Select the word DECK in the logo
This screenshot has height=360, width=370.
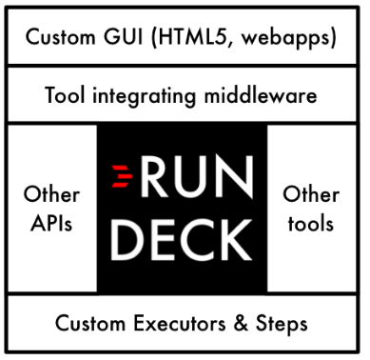pyautogui.click(x=181, y=238)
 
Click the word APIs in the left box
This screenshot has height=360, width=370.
pyautogui.click(x=51, y=224)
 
